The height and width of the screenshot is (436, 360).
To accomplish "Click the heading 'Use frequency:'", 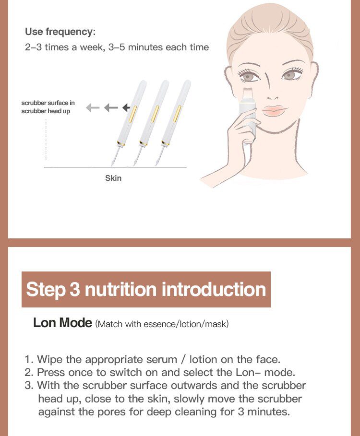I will click(x=60, y=32).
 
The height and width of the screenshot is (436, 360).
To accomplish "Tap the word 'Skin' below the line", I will click(x=113, y=178).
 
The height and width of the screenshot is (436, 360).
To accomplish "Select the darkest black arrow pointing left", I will click(x=127, y=107).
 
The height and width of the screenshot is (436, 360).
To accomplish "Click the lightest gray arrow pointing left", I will click(x=93, y=107).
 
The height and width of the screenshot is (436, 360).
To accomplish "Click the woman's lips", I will click(x=274, y=110).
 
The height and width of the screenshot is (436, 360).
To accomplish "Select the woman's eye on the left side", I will click(x=248, y=76).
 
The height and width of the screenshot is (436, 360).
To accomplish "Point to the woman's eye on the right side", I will click(x=289, y=75).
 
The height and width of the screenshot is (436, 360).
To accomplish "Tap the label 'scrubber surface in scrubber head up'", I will click(x=48, y=107).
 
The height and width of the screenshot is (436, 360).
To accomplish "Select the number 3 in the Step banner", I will click(x=75, y=290).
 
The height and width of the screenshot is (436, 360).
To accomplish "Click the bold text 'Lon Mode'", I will click(x=62, y=323).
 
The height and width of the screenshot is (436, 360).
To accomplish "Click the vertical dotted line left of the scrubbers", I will click(x=46, y=139).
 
